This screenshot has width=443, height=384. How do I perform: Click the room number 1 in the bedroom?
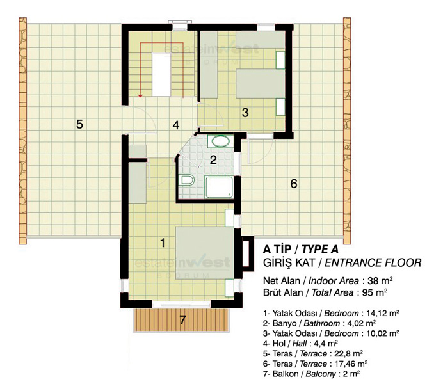(163, 243)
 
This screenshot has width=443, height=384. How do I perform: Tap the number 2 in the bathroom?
(213, 160)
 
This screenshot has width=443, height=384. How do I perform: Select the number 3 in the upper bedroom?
(245, 113)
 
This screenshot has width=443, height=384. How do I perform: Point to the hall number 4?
(176, 125)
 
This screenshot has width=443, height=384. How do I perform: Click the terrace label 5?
(79, 124)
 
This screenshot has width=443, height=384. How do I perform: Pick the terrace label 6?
(294, 184)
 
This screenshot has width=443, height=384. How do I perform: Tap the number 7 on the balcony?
(183, 320)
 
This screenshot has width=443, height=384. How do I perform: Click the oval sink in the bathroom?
(221, 141)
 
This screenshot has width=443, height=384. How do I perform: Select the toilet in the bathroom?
(188, 180)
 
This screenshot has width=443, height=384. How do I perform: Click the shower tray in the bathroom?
(219, 187)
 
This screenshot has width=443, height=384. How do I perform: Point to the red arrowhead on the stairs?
(140, 96)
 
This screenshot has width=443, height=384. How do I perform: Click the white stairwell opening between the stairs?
(161, 74)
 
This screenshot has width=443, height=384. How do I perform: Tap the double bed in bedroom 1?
(205, 253)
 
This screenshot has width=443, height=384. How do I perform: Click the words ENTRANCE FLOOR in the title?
(373, 263)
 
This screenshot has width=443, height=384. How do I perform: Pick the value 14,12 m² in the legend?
(383, 313)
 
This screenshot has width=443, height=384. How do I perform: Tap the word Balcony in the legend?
(320, 374)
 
